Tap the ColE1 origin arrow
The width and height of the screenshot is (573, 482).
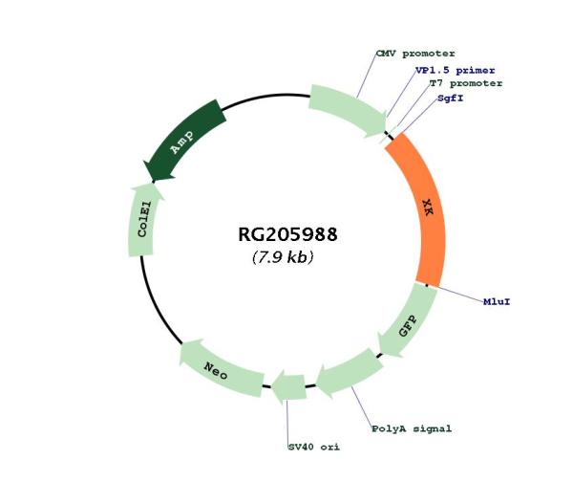pos(143,220)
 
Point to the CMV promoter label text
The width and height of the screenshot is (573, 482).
pos(415,54)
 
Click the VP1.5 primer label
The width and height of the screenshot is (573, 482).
pos(455,70)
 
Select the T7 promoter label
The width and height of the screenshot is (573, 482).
pos(466,83)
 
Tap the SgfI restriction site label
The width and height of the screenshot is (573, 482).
pos(450,99)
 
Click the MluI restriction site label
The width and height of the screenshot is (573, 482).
pos(497,302)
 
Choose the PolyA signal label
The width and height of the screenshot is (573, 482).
pos(412,428)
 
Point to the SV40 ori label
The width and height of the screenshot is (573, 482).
pos(314,447)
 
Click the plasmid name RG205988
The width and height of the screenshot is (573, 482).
pos(287,234)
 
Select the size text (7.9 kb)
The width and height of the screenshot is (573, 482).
pos(283,257)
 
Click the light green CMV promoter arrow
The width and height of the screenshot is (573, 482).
pos(348,110)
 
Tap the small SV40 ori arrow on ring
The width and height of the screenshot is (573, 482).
pos(289,387)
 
